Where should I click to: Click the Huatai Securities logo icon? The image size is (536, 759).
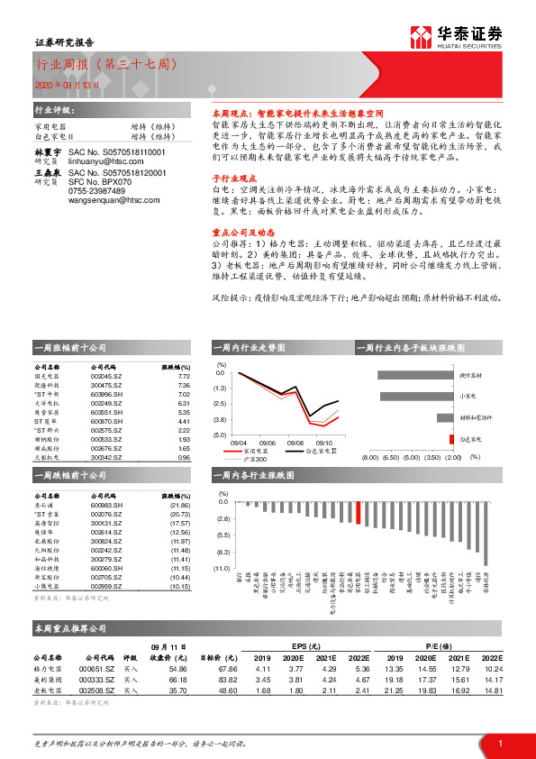click(421, 36)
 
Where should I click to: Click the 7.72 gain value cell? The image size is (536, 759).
click(183, 376)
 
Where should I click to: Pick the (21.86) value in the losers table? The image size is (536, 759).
click(181, 506)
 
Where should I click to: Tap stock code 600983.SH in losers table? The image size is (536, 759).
click(107, 506)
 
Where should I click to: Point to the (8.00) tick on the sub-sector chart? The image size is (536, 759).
click(370, 457)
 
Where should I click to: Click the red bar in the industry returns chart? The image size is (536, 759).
click(359, 513)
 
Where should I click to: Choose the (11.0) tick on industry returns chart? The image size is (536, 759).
click(221, 570)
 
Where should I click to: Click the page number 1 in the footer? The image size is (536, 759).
click(498, 742)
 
